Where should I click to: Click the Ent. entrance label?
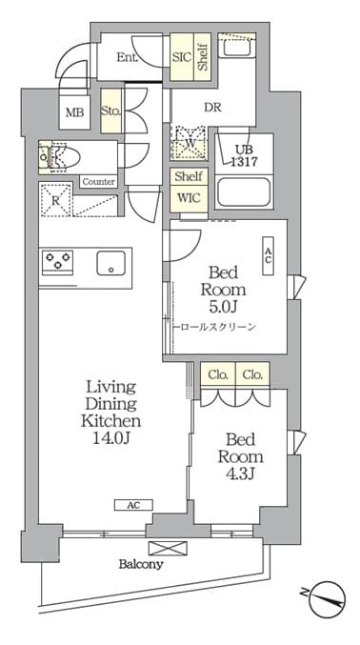(x=127, y=57)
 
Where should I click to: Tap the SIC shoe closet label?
(x=182, y=57)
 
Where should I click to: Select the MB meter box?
(x=75, y=111)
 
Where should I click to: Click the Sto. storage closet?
(x=111, y=111)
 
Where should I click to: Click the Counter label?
(x=99, y=181)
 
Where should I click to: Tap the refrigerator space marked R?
(x=55, y=200)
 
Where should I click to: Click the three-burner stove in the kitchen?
(x=57, y=261)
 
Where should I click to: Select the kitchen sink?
(x=111, y=263)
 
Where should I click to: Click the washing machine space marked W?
(x=188, y=143)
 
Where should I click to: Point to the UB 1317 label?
(x=243, y=155)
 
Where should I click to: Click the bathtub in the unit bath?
(x=244, y=192)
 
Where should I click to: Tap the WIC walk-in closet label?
(x=189, y=198)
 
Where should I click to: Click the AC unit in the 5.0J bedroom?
(x=269, y=256)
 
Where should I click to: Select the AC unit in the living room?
(x=133, y=505)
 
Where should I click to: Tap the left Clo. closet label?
(x=218, y=374)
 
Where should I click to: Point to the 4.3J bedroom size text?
(x=241, y=474)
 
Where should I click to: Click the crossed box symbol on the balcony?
(x=168, y=549)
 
